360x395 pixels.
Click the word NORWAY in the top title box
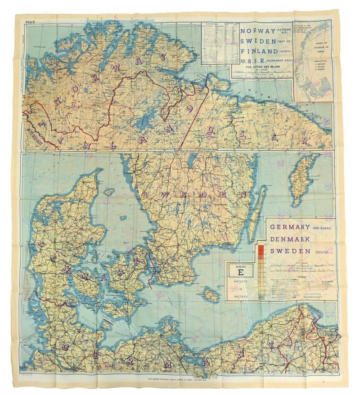pos(258,31)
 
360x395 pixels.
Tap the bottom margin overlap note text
pos(180,379)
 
